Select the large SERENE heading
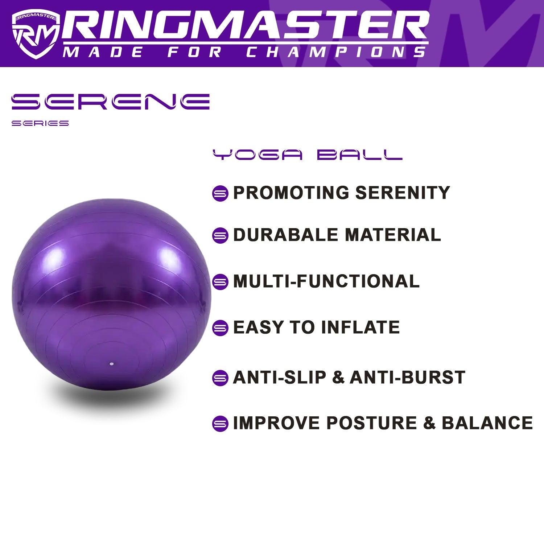click(x=111, y=101)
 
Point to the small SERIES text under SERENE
click(x=40, y=123)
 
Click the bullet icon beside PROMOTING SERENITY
click(x=220, y=193)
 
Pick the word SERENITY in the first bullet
click(x=403, y=192)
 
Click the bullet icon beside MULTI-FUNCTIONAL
click(x=220, y=282)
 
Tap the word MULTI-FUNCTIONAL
click(x=326, y=281)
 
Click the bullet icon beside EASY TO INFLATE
click(x=220, y=328)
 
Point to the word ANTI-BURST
click(x=407, y=377)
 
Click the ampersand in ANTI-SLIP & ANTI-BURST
click(x=338, y=377)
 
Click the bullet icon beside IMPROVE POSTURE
click(x=220, y=424)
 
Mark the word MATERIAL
click(x=393, y=235)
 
